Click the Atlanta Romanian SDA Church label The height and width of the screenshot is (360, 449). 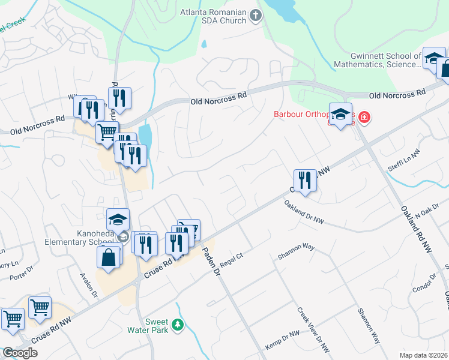(x=213, y=16)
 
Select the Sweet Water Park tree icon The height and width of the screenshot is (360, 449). (x=177, y=325)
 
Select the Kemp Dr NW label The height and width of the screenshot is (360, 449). (x=282, y=341)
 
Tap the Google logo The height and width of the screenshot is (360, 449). (x=20, y=353)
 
